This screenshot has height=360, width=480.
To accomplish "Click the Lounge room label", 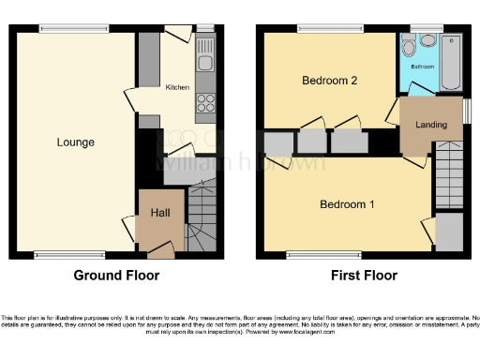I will (x=75, y=142).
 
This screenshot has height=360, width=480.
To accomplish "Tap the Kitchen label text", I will (x=177, y=87).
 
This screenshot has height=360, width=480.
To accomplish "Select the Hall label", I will (x=159, y=214).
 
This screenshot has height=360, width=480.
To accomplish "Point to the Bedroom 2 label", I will (x=329, y=81).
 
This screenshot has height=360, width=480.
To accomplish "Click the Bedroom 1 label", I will (x=347, y=204).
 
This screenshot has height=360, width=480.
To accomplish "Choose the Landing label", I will (x=430, y=124).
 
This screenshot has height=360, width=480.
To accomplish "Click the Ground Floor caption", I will (x=116, y=276).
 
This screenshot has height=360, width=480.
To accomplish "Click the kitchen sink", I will (x=204, y=64).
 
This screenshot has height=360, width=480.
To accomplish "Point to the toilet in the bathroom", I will (x=409, y=50).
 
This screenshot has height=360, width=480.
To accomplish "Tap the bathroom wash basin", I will (x=427, y=40).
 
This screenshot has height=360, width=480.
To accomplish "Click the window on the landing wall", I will (x=466, y=111).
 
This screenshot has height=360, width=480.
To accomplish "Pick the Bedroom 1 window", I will (x=323, y=254).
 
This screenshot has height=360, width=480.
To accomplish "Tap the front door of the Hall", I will (x=160, y=249).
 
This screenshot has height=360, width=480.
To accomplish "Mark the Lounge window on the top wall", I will (x=73, y=28).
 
